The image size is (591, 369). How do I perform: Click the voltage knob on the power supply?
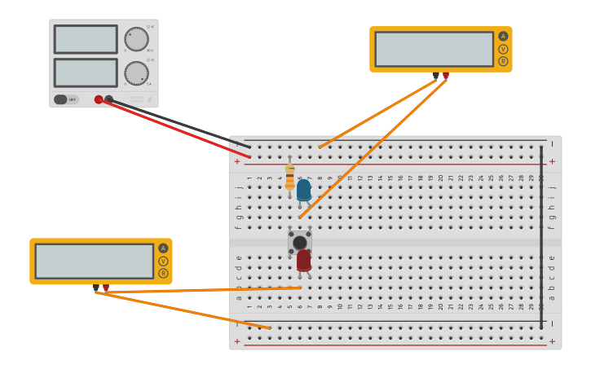[x=136, y=39]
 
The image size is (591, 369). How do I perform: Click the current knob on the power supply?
[x=136, y=73]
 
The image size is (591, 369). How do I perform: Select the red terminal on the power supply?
[x=99, y=99]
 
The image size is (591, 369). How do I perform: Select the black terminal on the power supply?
[x=109, y=99]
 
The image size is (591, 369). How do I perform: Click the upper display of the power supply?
[x=86, y=39]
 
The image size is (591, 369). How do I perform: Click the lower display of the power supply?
[x=86, y=72]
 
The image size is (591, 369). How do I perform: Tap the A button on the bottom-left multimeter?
[x=163, y=248]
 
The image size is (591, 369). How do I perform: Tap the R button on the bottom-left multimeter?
[x=163, y=273]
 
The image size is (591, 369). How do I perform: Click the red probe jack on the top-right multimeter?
[x=446, y=75]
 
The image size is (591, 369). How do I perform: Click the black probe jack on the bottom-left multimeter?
[x=95, y=287]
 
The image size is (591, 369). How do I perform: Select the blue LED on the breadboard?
[x=303, y=190]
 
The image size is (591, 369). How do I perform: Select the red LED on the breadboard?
[x=303, y=260]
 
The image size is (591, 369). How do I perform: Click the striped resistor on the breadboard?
[x=289, y=178]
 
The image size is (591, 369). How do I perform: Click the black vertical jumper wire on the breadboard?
[x=540, y=236]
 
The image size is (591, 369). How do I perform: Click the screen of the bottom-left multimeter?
[x=94, y=261]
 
